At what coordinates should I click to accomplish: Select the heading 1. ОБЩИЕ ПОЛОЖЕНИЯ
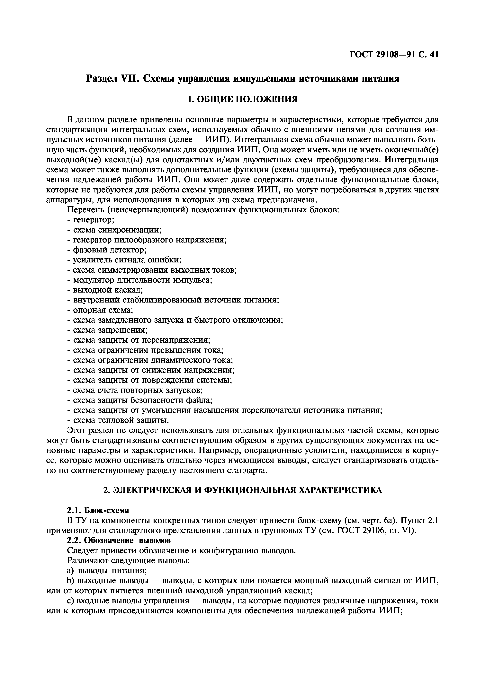click(x=242, y=99)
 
